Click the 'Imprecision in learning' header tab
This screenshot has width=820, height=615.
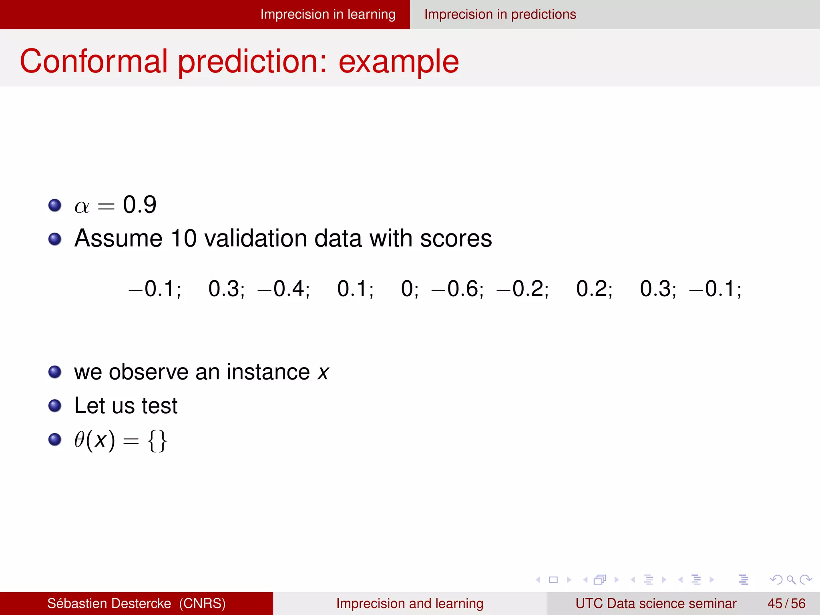(x=328, y=14)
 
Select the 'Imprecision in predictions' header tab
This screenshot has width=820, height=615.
(x=500, y=14)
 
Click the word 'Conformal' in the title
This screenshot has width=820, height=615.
(x=94, y=61)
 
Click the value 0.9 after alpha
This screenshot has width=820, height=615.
(x=139, y=205)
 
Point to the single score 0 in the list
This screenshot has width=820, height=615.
(x=408, y=289)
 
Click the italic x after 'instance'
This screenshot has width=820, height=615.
(x=323, y=372)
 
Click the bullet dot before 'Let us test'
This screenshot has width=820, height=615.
(x=54, y=406)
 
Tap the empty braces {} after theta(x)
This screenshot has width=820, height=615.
(x=157, y=441)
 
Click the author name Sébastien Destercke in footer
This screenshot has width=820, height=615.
(x=109, y=603)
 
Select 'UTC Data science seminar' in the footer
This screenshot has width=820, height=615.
(x=655, y=603)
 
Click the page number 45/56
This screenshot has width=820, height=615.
(x=786, y=603)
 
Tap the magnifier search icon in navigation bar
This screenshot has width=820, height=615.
(x=790, y=579)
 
